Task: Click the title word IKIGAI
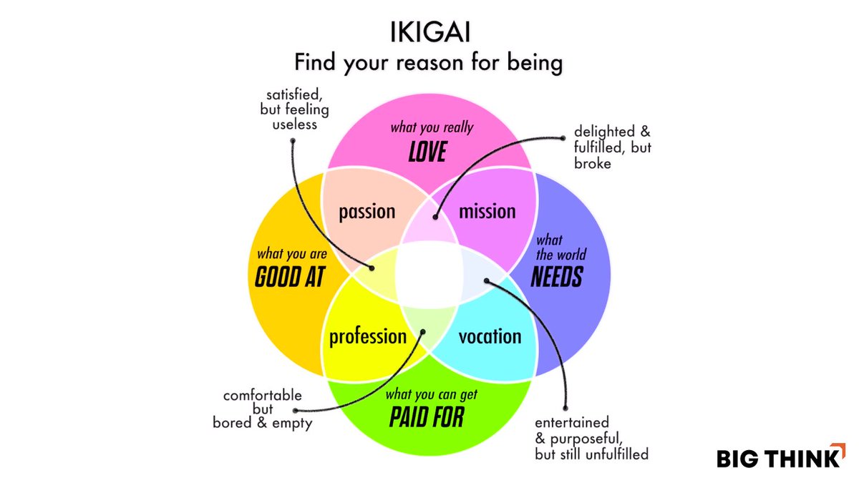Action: click(x=429, y=34)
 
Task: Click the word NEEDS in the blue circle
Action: click(x=557, y=277)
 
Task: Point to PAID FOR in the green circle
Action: click(x=427, y=416)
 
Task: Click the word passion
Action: click(x=367, y=211)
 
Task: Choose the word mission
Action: click(x=487, y=211)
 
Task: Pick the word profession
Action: click(x=367, y=336)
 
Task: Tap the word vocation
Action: click(x=490, y=336)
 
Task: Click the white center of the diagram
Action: click(x=428, y=274)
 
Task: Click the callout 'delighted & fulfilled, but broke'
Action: click(x=612, y=148)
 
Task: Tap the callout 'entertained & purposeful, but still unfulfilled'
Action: click(x=591, y=437)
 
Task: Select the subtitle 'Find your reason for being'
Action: click(x=428, y=62)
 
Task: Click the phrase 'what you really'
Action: click(x=432, y=128)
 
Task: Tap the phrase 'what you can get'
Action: click(x=432, y=394)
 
